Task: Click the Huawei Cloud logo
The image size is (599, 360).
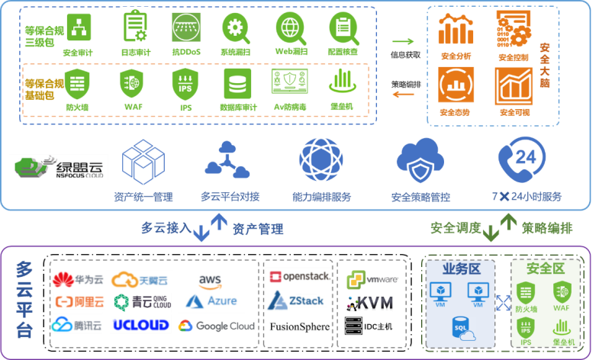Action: point(77,280)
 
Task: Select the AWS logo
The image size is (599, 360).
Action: point(210,281)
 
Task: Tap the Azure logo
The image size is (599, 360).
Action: point(212,302)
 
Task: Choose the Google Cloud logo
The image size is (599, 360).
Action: point(217,326)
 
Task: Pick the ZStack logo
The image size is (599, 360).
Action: point(298,301)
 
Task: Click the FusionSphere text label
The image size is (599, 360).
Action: point(300,326)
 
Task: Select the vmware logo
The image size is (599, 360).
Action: point(372,279)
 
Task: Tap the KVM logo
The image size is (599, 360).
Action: point(371,303)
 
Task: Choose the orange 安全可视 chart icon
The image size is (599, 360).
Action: point(514,86)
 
